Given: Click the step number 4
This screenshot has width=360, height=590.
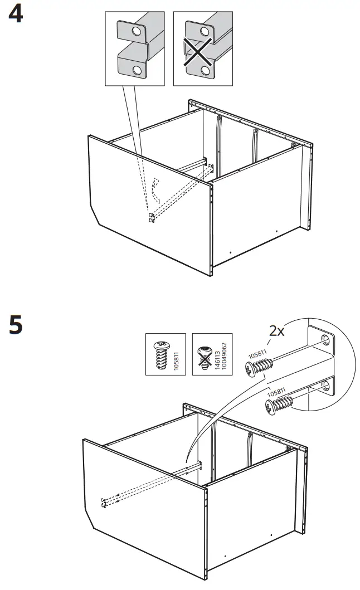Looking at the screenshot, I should point(16,15).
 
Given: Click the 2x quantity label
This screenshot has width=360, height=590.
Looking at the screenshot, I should point(277,331).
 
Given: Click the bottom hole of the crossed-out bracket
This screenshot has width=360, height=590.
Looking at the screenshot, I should point(205,71).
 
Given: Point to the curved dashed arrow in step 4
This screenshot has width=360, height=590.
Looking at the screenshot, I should point(154,193).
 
